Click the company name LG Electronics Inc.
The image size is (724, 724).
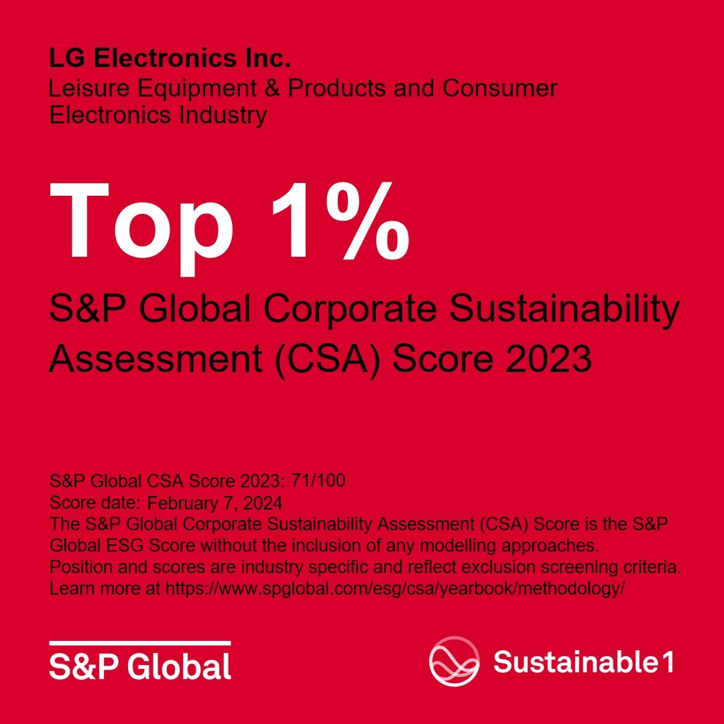point(170,59)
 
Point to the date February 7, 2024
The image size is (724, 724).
point(215,502)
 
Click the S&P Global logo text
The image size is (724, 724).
point(139,666)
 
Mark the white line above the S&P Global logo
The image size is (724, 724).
point(139,643)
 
